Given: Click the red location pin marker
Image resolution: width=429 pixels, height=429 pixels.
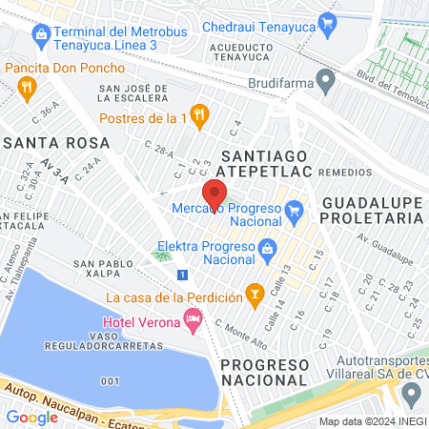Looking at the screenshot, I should coord(214,194).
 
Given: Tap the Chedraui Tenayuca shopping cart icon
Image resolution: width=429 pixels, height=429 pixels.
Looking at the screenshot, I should coord(328,21).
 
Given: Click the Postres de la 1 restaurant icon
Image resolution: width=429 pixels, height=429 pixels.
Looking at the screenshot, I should coord(198,115).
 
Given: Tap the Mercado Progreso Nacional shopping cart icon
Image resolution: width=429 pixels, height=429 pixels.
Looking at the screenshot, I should coord(294,208).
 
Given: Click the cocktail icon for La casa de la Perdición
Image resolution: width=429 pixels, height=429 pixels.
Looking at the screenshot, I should coord(254,296).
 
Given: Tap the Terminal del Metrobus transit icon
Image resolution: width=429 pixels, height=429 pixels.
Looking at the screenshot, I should coord(40,38).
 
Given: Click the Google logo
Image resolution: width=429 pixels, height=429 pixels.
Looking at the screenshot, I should coord(32,417).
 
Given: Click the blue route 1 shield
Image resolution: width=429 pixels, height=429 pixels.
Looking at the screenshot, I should coord(181,275).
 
